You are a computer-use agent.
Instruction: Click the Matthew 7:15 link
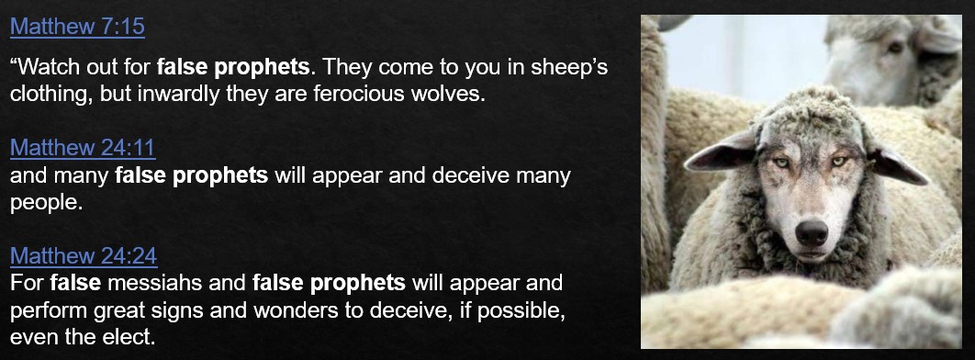[x=78, y=27]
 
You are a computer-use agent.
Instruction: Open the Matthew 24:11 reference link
[x=83, y=148]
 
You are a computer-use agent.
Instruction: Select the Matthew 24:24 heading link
[x=84, y=255]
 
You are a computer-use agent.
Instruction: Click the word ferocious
[x=364, y=96]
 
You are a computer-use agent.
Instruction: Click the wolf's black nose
[x=812, y=232]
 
